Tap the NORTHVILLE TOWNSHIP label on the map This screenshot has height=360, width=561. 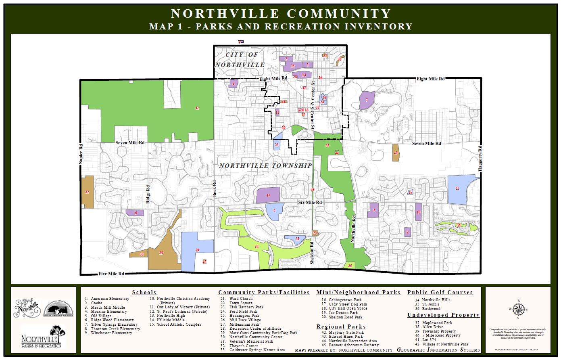pos(265,166)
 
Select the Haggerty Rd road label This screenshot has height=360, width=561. pos(480,159)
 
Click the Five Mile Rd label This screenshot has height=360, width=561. pos(111,274)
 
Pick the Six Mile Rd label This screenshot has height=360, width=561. pos(310,202)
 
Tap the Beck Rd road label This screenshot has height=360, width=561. pos(215,188)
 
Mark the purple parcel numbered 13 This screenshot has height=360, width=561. pos(268,195)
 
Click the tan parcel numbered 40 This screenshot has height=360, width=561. pos(395,153)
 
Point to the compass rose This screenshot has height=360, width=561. pos(518,310)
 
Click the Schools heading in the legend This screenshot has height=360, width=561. pos(144,292)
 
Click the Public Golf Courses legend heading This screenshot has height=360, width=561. pos(440,292)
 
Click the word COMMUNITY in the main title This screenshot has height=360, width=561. pos(338,14)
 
